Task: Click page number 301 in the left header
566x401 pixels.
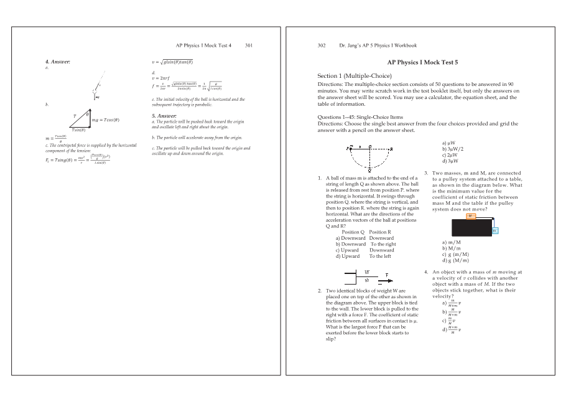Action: pos(249,45)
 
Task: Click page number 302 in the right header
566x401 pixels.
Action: pos(322,45)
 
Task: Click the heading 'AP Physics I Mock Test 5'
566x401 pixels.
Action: pos(422,62)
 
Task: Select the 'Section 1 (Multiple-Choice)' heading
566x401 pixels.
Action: pos(355,76)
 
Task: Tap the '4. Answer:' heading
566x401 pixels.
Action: pos(58,62)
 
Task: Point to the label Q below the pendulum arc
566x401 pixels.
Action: pos(369,170)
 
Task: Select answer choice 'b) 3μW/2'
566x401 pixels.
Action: pos(453,149)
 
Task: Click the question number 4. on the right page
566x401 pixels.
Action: pos(426,272)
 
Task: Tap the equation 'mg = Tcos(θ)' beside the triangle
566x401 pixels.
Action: pos(106,120)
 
